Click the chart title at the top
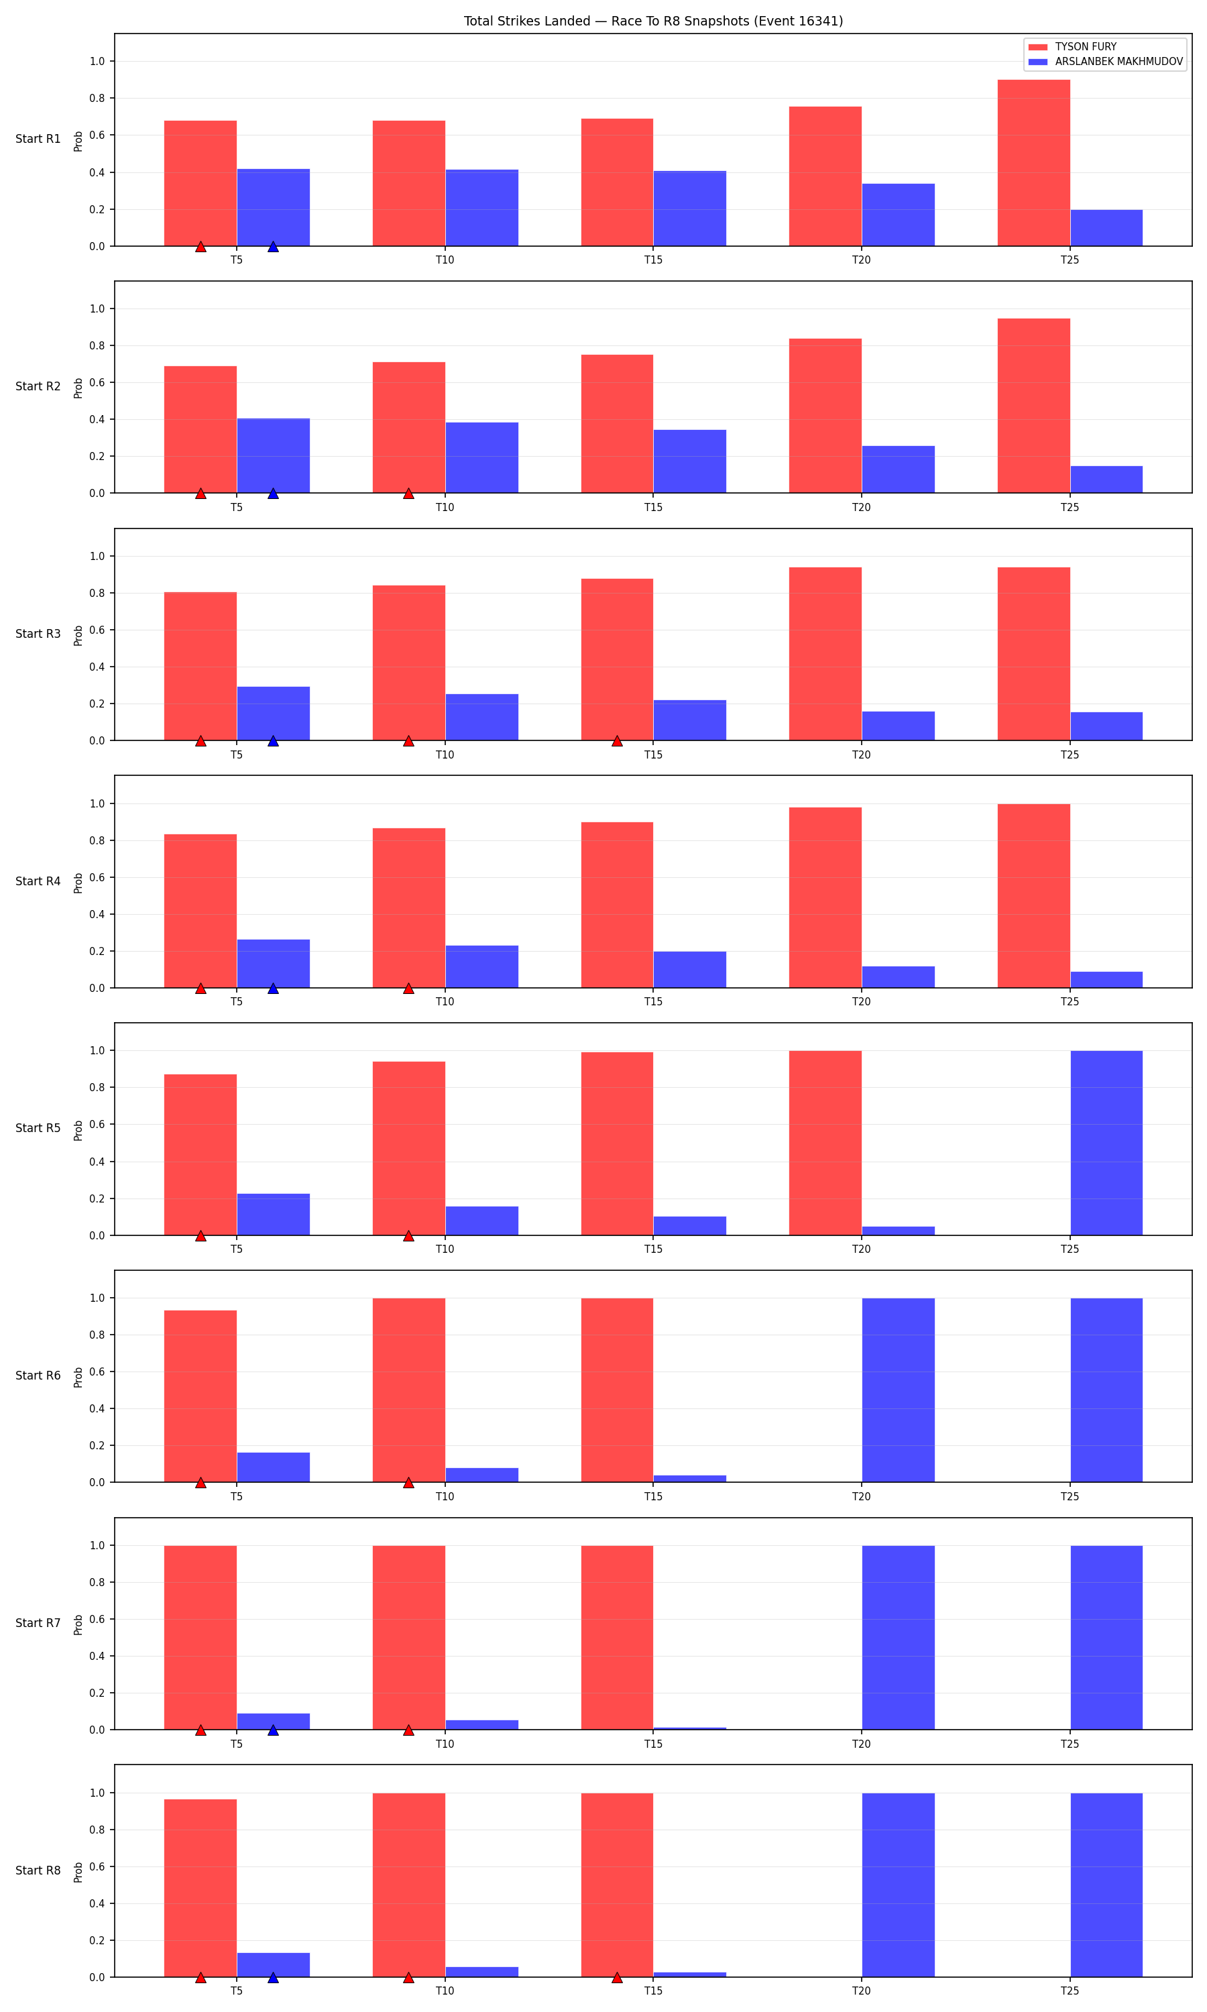click(653, 21)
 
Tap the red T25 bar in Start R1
click(1034, 163)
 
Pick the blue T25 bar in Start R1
click(1106, 228)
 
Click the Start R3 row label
click(38, 634)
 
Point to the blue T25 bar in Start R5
click(1106, 1143)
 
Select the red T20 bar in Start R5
click(825, 1143)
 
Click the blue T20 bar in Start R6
click(898, 1390)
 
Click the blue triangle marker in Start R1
click(274, 246)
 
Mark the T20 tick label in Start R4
click(862, 1001)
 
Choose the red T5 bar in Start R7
click(201, 1637)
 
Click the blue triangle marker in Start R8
click(274, 1977)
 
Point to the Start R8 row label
click(38, 1870)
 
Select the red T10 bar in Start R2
click(409, 427)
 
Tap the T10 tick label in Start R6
click(445, 1496)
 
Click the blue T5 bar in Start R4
click(274, 964)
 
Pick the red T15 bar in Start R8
click(618, 1885)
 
